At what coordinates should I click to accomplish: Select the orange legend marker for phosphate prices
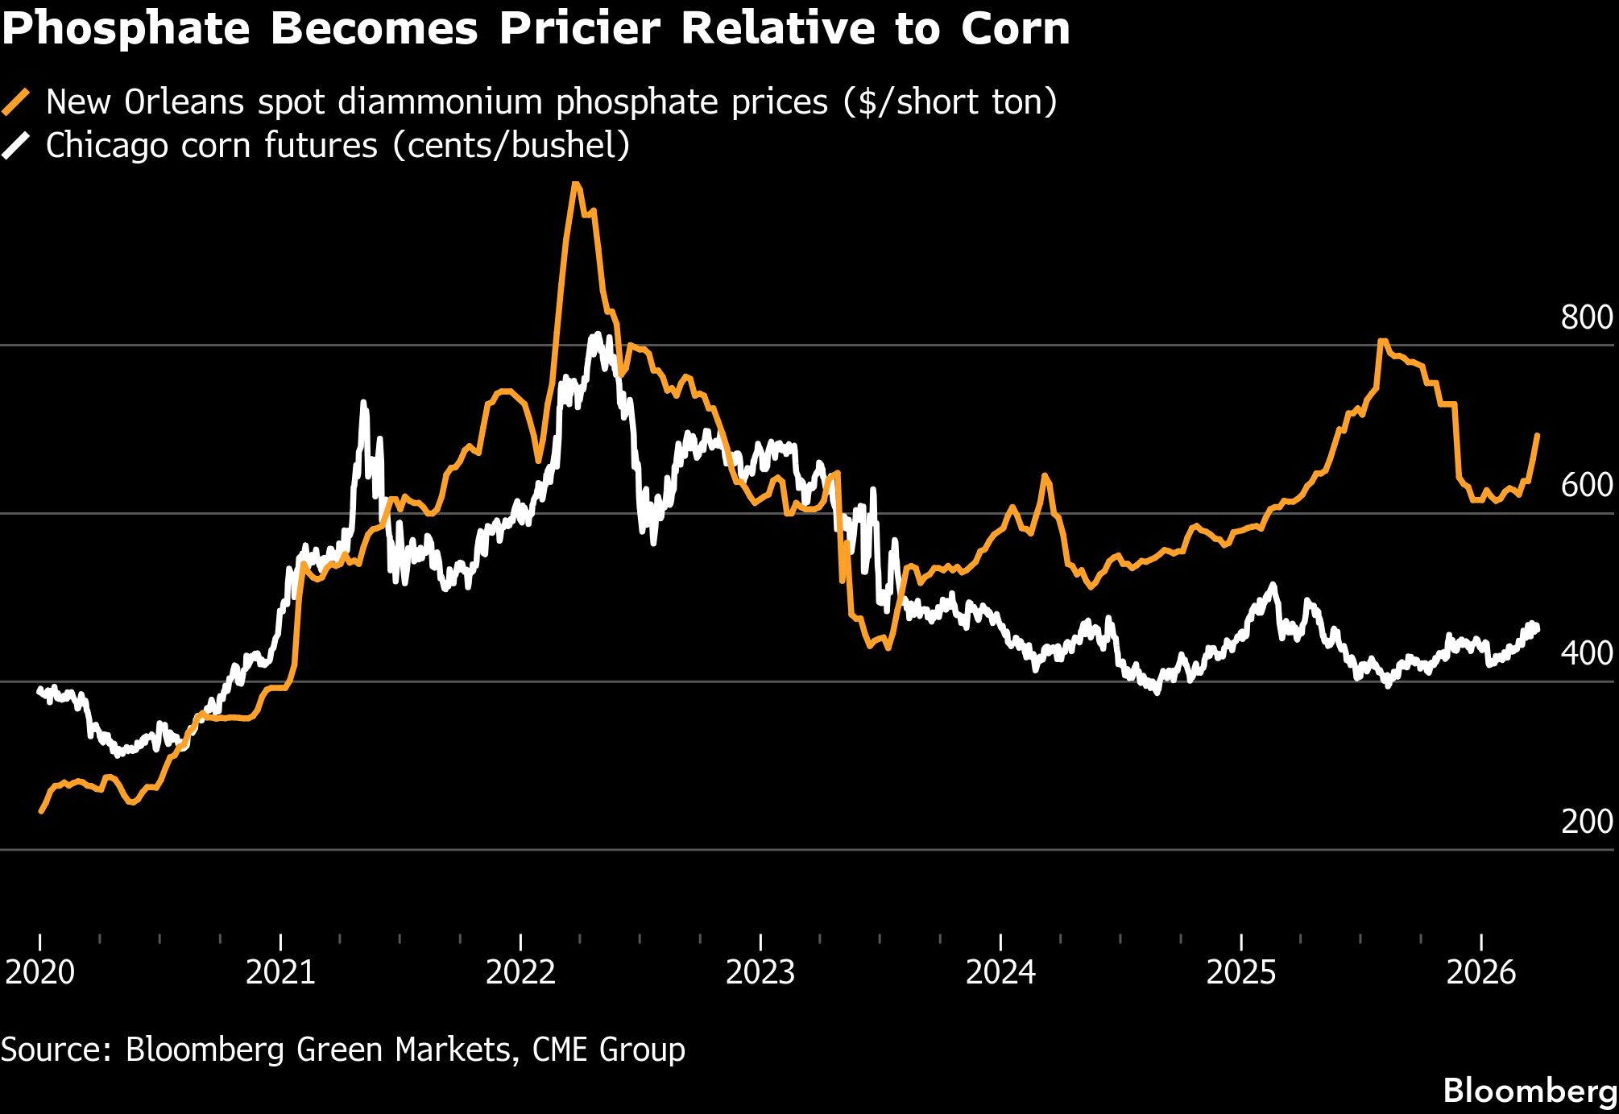coord(16,102)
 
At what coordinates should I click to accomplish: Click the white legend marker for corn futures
coord(16,146)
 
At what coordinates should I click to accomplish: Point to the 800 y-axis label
coord(1586,317)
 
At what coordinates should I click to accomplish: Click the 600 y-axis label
coord(1586,486)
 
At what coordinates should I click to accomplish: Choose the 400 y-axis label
coord(1586,654)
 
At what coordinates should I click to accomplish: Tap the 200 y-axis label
coord(1586,822)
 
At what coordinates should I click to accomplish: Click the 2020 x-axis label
coord(39,972)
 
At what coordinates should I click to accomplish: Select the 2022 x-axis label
coord(520,972)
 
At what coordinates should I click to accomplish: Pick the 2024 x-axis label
coord(1000,972)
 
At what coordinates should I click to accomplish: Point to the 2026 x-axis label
coord(1481,972)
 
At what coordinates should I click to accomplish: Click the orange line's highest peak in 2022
coord(575,184)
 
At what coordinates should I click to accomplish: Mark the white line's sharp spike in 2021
coord(363,402)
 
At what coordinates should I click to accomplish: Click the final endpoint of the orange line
coord(1538,435)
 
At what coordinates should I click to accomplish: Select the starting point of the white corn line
coord(39,690)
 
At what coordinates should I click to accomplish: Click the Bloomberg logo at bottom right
coord(1530,1091)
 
